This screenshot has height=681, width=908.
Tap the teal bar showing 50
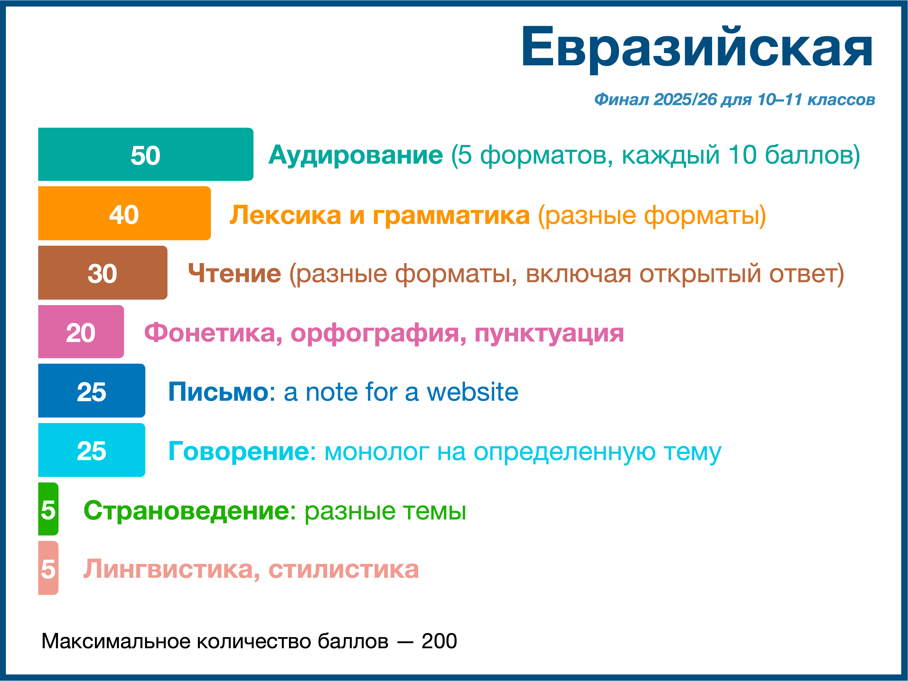(146, 154)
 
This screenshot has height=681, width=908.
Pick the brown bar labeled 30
(103, 273)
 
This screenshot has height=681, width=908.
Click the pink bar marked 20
(81, 332)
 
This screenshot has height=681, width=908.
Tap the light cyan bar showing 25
(92, 450)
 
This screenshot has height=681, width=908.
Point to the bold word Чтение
(234, 273)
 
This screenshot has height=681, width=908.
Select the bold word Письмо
(218, 392)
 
